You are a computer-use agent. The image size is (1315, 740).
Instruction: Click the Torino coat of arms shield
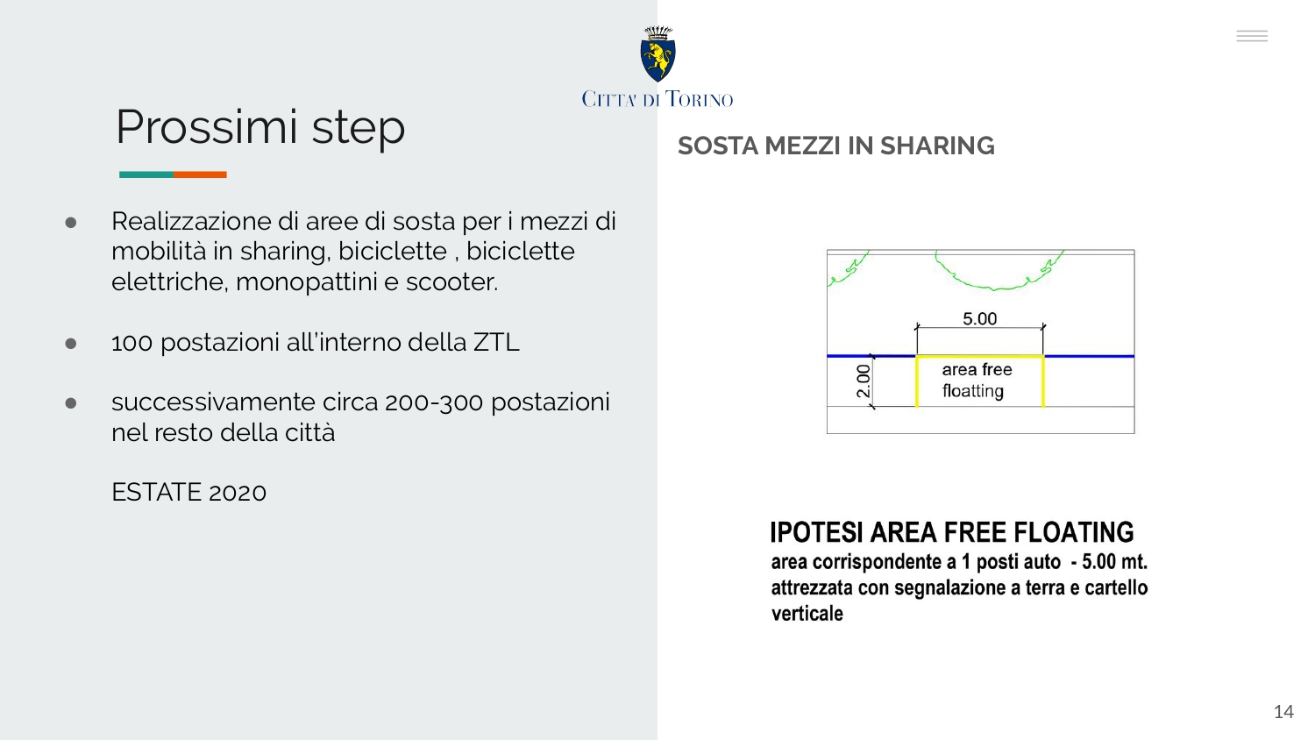click(x=657, y=60)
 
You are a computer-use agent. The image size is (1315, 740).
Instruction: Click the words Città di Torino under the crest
click(x=657, y=99)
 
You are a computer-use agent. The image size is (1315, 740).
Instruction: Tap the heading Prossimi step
click(x=260, y=127)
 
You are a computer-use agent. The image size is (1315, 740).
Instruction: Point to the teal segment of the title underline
click(x=146, y=174)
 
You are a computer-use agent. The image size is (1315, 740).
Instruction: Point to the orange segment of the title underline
click(x=200, y=174)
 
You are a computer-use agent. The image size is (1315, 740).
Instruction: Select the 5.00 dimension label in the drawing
click(x=980, y=319)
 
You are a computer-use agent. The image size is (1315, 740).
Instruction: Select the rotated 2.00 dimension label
click(x=864, y=381)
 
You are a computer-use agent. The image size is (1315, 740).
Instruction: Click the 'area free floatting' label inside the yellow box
click(x=977, y=380)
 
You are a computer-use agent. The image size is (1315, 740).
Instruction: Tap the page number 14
click(x=1284, y=712)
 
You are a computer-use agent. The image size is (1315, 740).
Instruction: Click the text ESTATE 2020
click(x=189, y=492)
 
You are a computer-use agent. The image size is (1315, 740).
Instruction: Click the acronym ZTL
click(x=497, y=343)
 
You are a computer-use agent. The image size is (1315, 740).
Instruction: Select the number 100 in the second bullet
click(x=132, y=343)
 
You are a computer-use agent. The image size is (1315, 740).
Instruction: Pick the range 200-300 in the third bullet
click(x=434, y=403)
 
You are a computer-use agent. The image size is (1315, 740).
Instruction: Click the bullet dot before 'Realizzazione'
click(x=71, y=223)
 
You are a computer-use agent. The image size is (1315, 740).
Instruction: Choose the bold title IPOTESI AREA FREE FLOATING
click(x=951, y=532)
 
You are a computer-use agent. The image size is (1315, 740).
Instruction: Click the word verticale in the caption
click(x=807, y=614)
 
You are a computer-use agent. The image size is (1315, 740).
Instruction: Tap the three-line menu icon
click(x=1252, y=37)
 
